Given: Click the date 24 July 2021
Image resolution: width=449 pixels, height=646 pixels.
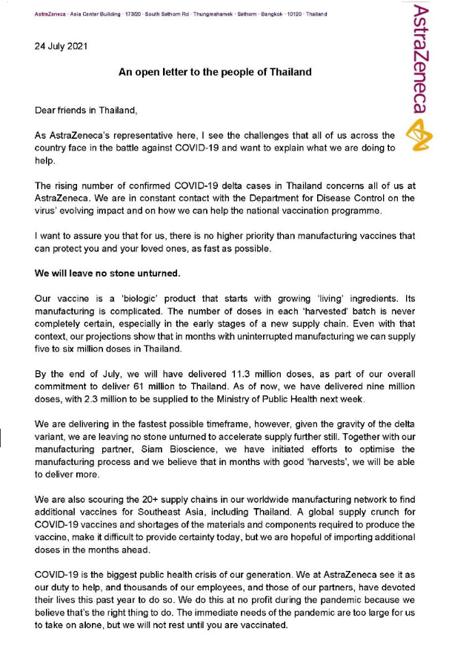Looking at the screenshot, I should pyautogui.click(x=61, y=46).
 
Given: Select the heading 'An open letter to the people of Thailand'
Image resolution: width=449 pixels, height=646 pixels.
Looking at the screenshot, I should pyautogui.click(x=215, y=73).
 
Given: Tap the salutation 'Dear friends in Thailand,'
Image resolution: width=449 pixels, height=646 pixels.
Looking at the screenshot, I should pyautogui.click(x=87, y=111).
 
